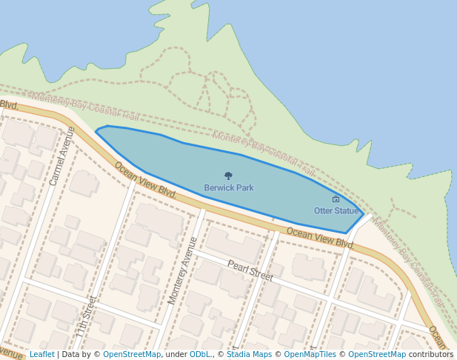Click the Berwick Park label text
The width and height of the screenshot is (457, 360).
[x=229, y=188]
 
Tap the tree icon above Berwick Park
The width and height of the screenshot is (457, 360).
[x=228, y=176]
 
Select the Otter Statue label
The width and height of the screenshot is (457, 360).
[x=336, y=211]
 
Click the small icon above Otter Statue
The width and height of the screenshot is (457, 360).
[x=336, y=199]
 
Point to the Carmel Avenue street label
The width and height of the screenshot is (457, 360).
[x=61, y=156]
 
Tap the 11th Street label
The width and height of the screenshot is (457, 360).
[x=86, y=316]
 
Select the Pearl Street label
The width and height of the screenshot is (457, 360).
[x=250, y=270]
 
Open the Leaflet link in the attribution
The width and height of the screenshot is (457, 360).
[x=42, y=355]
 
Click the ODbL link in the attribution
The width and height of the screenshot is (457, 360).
[x=201, y=355]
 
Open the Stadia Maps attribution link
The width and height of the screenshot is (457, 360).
[x=249, y=355]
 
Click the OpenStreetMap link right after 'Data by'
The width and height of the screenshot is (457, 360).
[x=132, y=355]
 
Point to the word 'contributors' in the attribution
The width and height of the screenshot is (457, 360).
[x=431, y=355]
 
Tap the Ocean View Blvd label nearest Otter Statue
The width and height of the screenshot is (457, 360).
[x=320, y=238]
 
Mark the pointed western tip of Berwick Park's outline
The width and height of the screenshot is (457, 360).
[x=96, y=132]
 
